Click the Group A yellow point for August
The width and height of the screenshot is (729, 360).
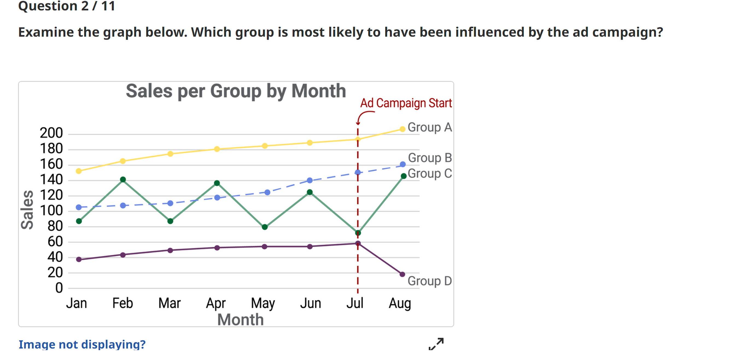[402, 129]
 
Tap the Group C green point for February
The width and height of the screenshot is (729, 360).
[123, 179]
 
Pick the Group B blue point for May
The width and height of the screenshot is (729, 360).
[267, 193]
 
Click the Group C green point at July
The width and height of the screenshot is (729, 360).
[358, 233]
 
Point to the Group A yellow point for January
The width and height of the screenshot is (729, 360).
[79, 171]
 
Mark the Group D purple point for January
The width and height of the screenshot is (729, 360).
[79, 259]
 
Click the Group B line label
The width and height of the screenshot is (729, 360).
[430, 158]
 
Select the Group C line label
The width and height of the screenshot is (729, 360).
[430, 173]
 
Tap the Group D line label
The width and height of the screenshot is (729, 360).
[430, 281]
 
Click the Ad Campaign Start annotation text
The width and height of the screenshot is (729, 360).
[406, 103]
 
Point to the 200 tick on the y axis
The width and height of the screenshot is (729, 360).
[51, 133]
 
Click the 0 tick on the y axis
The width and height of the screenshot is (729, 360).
[59, 288]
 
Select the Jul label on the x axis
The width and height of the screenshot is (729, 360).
[355, 303]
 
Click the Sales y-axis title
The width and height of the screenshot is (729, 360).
[27, 210]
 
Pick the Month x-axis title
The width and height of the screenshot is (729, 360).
[240, 320]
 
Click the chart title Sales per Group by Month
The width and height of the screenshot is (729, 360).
[236, 91]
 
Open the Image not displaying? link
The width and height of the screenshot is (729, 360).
[82, 344]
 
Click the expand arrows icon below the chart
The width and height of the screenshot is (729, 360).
[436, 344]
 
